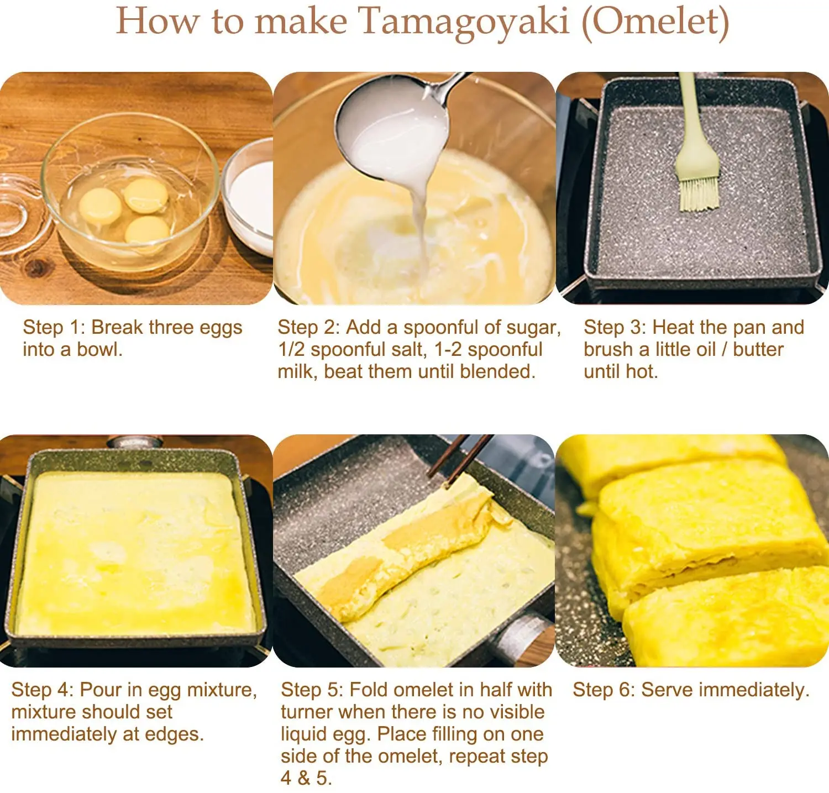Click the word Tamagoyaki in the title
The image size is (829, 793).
pyautogui.click(x=464, y=22)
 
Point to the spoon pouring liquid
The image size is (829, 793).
pyautogui.click(x=392, y=133)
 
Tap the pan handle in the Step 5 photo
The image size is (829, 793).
pyautogui.click(x=522, y=636)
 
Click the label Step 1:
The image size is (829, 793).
pyautogui.click(x=54, y=327)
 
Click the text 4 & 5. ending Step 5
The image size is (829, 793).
pyautogui.click(x=306, y=778)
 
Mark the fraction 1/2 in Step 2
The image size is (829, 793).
pyautogui.click(x=291, y=349)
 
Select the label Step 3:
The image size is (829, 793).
pyautogui.click(x=615, y=327)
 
